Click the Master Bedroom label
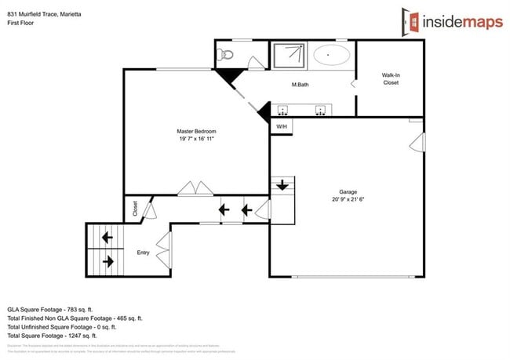coord(195,130)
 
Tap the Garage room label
coord(348,191)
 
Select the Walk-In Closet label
coord(390,78)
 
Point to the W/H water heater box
coord(281,126)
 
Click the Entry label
coord(143,253)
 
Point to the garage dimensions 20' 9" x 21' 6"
coord(348,199)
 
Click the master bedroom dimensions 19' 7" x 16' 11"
coord(195,138)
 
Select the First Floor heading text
coord(23,24)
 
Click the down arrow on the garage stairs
coord(282,187)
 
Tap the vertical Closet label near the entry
coord(135,209)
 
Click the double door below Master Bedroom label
coord(195,188)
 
